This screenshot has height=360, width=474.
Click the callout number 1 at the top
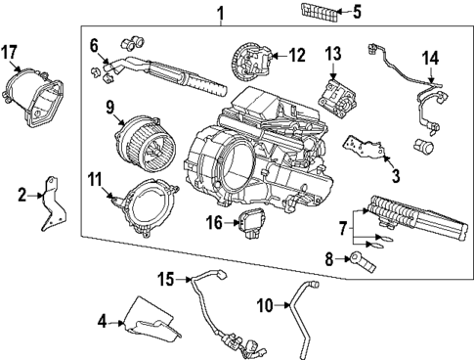[220, 13]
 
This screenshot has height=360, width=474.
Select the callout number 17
[11, 52]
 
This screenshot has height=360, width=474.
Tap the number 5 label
[356, 13]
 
